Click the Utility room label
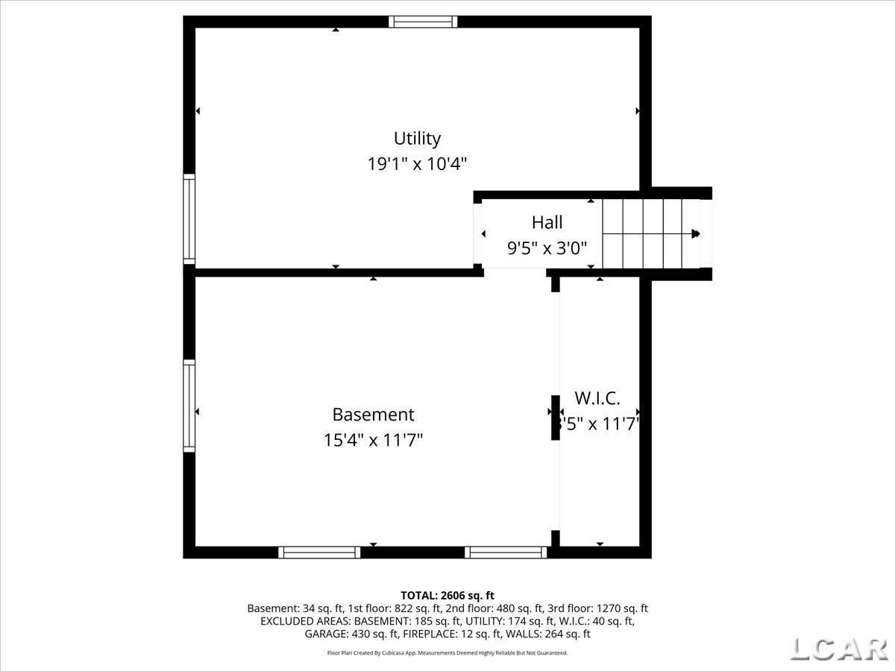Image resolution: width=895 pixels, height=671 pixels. point(417,139)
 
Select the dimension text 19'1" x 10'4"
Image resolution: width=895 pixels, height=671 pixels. point(417,164)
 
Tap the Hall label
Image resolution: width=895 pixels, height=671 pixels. point(547,222)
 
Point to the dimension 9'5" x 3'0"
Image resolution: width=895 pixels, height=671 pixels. point(547,248)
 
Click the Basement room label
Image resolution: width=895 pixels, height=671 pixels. point(373,415)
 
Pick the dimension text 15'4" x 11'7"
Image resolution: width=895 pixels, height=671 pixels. point(373,440)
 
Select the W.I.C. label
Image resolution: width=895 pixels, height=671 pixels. point(597,398)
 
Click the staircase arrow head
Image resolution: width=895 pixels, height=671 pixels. point(696,234)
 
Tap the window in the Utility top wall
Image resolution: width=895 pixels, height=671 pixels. point(423,22)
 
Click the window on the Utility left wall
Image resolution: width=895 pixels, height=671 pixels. point(189,219)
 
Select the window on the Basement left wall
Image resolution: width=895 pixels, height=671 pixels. point(189,406)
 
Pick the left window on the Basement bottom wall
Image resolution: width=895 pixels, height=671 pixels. point(319,552)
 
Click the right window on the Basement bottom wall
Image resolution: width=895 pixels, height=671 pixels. point(506,552)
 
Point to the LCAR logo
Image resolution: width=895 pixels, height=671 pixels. point(838,649)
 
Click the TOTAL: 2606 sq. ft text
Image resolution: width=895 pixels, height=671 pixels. point(447,595)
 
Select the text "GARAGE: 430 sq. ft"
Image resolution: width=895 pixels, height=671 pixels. point(351,634)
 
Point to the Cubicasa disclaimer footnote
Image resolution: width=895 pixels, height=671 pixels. point(447,653)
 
